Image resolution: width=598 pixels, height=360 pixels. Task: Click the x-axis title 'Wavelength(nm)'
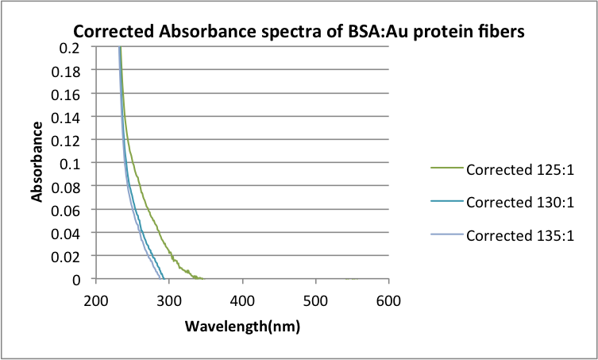tap(242, 327)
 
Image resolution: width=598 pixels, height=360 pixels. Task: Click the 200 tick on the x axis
tap(95, 301)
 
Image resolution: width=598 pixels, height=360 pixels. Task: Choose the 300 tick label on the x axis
tap(168, 301)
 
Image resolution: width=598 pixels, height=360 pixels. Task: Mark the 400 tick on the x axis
tap(242, 301)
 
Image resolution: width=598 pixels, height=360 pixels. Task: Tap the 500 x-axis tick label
tap(315, 301)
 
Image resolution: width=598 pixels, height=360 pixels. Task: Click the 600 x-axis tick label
tap(388, 301)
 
